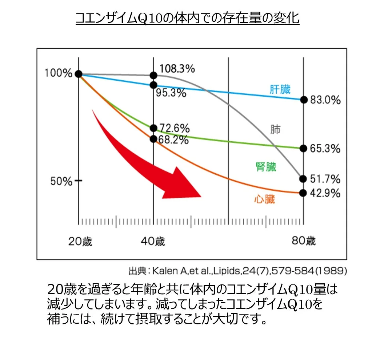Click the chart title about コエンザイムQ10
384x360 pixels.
point(187,18)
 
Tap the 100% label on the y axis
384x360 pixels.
point(58,73)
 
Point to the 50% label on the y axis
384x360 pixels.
point(61,181)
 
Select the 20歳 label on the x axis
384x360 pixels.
point(80,241)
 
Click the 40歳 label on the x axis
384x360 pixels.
point(153,241)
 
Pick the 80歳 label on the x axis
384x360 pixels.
point(304,241)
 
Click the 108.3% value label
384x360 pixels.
point(177,68)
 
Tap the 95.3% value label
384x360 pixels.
point(171,93)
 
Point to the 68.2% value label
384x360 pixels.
point(173,140)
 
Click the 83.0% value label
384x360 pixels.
point(325,100)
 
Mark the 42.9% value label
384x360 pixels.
point(325,193)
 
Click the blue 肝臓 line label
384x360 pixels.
point(280,89)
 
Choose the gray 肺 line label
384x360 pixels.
point(275,129)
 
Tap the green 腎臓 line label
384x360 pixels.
point(266,167)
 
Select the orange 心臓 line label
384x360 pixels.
point(264,199)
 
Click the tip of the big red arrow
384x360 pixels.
point(201,196)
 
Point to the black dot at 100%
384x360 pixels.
point(78,74)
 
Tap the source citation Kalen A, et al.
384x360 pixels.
point(237,271)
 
